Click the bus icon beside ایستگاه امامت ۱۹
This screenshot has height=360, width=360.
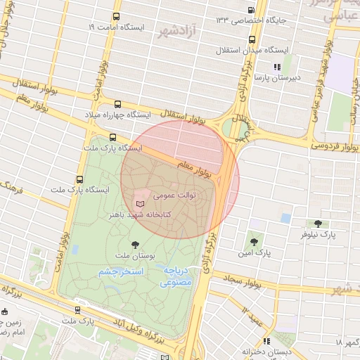116,16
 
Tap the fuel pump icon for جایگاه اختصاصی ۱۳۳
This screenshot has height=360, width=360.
252,10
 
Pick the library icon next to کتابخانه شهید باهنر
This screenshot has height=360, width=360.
139,202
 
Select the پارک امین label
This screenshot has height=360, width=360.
254,251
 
